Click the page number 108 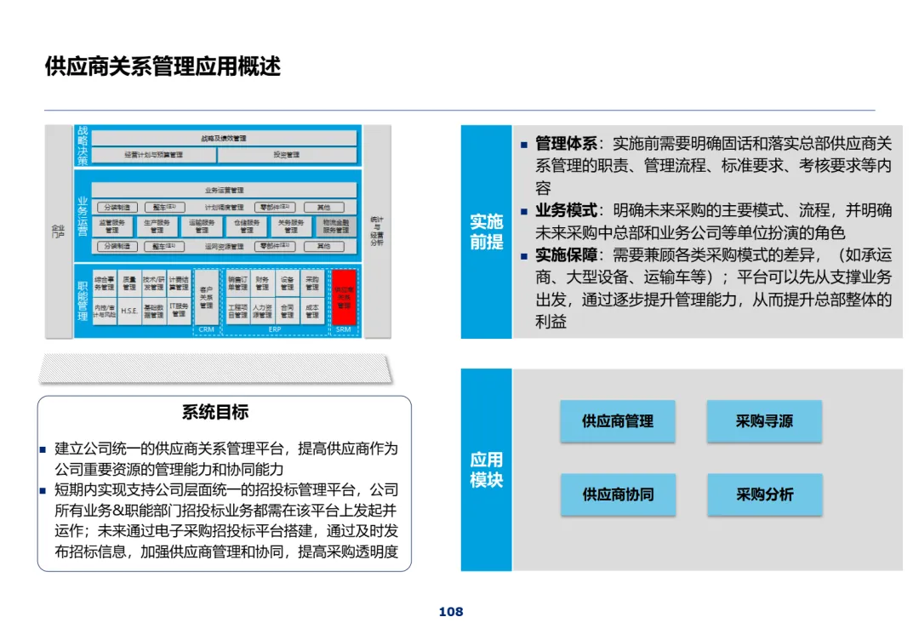click(451, 612)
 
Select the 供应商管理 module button click(617, 421)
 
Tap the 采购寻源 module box click(764, 421)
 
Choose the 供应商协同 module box click(617, 494)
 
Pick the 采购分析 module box click(764, 494)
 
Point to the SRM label click(343, 329)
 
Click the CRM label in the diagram click(207, 329)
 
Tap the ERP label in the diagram click(275, 329)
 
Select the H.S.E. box click(129, 311)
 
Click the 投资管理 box click(286, 155)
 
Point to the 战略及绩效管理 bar click(224, 138)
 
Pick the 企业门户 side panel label click(58, 231)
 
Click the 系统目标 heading click(215, 413)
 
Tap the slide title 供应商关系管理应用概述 click(163, 67)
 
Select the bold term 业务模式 click(566, 210)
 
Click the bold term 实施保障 click(566, 254)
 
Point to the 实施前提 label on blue click(486, 231)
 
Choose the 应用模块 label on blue click(486, 470)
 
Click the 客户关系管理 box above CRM click(207, 298)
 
